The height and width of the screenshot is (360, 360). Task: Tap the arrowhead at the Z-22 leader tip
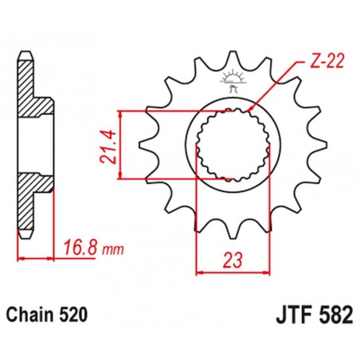click(x=252, y=108)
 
